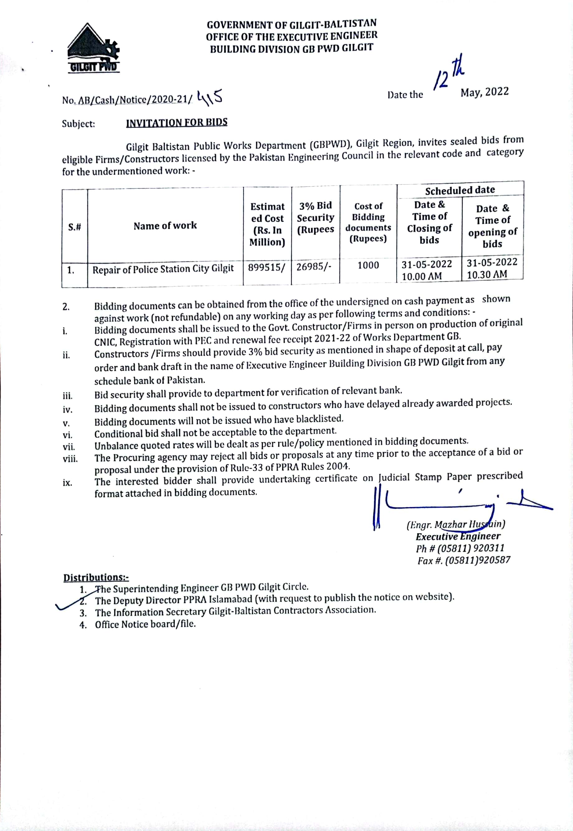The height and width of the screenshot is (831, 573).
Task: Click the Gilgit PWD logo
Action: (93, 49)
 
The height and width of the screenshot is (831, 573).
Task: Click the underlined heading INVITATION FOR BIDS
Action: (177, 123)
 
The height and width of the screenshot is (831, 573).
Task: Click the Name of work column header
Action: (165, 226)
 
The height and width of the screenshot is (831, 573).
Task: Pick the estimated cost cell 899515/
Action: (267, 268)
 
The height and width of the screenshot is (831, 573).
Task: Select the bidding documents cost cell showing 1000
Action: (368, 266)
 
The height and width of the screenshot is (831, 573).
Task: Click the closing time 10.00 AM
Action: (422, 277)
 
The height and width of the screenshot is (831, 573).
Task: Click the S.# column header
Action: (75, 227)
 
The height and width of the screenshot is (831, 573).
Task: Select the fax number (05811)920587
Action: (477, 560)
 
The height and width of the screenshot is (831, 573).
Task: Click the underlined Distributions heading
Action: (96, 577)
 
